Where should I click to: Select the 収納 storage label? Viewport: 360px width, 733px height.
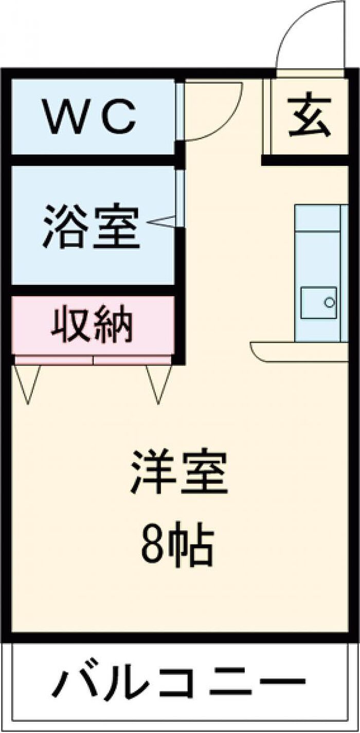click(x=92, y=323)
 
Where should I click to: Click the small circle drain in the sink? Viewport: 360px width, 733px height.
click(x=329, y=302)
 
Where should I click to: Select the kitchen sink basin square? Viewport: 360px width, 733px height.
click(x=319, y=302)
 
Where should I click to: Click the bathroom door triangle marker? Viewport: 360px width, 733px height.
click(x=161, y=221)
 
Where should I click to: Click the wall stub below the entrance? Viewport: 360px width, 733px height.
click(x=304, y=160)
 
